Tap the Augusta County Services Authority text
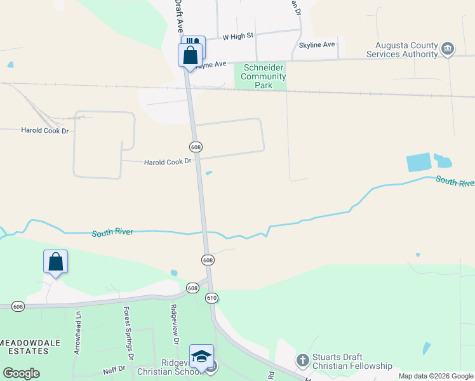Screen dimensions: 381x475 pyautogui.click(x=406, y=50)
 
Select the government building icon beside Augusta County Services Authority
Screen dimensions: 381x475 pyautogui.click(x=448, y=48)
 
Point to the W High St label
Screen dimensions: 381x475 pyautogui.click(x=237, y=37)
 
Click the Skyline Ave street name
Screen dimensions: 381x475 pyautogui.click(x=316, y=45)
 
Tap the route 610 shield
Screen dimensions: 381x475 pyautogui.click(x=211, y=297)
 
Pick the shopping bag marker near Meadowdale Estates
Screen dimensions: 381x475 pyautogui.click(x=55, y=261)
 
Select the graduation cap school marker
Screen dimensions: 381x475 pyautogui.click(x=201, y=356)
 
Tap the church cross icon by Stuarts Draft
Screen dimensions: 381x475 pyautogui.click(x=302, y=361)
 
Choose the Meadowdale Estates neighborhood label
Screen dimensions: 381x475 pyautogui.click(x=25, y=347)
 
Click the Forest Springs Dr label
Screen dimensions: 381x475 pyautogui.click(x=128, y=330)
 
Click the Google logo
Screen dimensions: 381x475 pyautogui.click(x=21, y=373)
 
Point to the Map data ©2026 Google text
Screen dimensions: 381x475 pyautogui.click(x=436, y=376)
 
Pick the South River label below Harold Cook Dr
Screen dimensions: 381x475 pyautogui.click(x=112, y=232)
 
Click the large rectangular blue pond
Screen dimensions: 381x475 pyautogui.click(x=418, y=163)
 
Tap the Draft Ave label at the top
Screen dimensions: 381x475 pyautogui.click(x=179, y=16)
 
